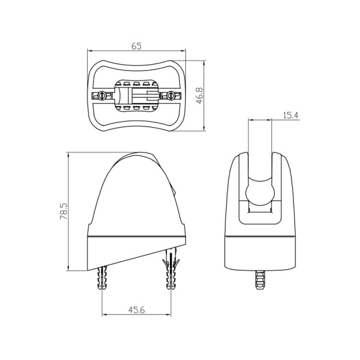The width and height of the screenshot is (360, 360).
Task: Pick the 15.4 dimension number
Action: (x=290, y=115)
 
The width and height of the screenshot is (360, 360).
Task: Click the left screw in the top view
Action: (x=103, y=95)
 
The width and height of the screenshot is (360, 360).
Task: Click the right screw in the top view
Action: (x=171, y=95)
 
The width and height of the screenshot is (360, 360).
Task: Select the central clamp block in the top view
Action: (x=137, y=95)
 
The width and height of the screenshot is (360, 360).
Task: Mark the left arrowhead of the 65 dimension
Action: (x=91, y=52)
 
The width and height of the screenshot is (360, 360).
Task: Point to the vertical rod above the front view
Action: (x=260, y=144)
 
